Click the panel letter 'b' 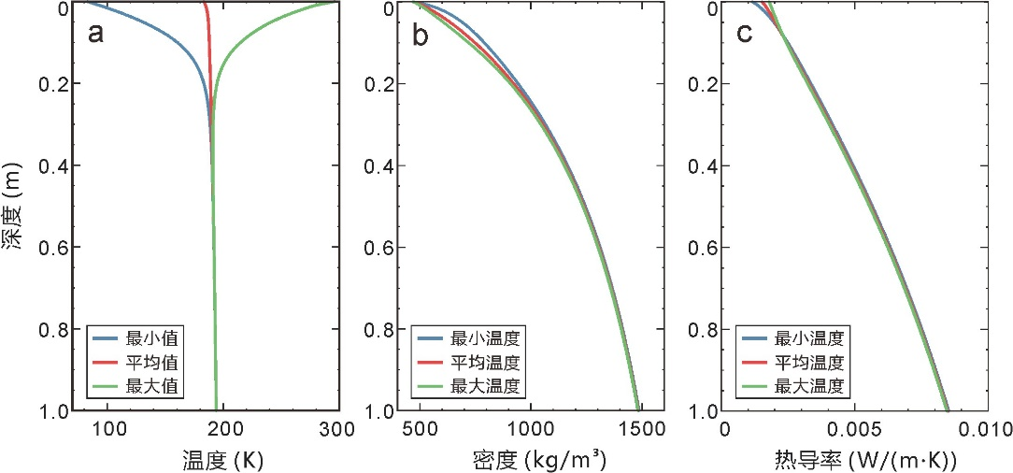point(421,35)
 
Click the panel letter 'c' point(745,35)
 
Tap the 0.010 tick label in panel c point(979,431)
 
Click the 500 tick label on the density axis point(420,431)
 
